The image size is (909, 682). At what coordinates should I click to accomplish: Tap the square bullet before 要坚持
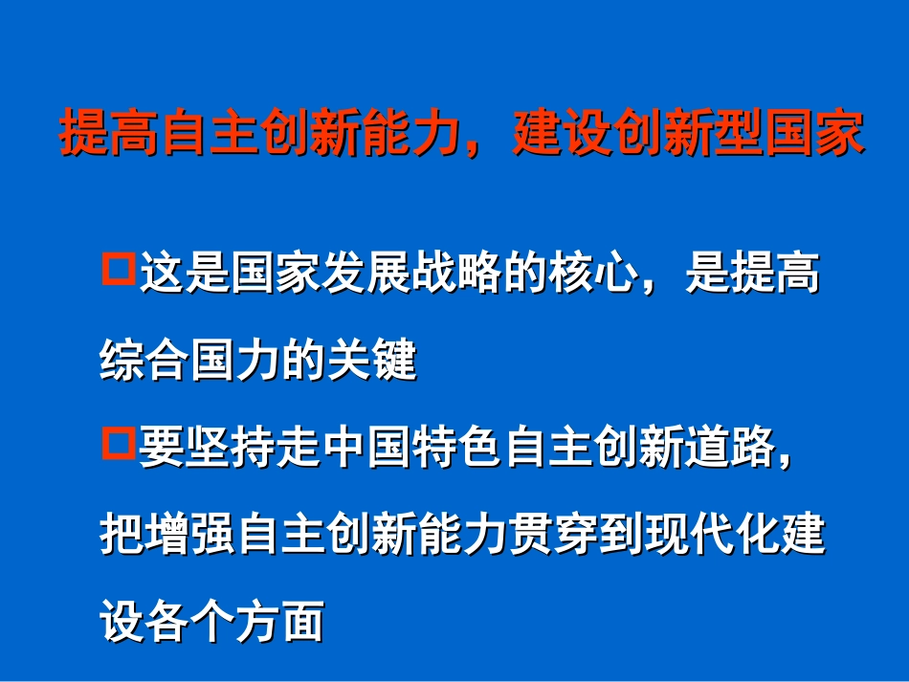pos(119,444)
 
